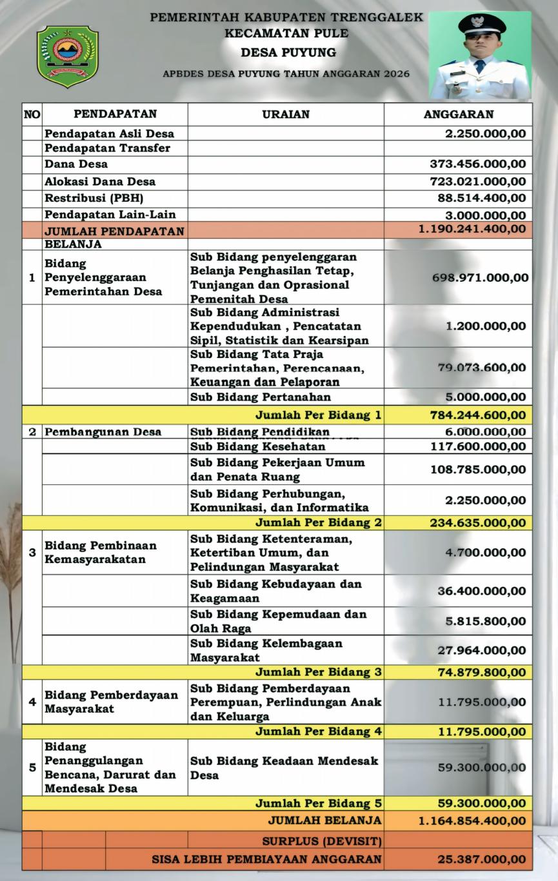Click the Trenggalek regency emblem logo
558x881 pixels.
point(68,57)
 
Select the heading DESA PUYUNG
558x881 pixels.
point(288,52)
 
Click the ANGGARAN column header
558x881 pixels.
point(458,114)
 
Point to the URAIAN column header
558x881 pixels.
point(286,114)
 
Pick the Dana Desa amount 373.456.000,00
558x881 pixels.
point(477,164)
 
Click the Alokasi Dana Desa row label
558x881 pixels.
point(100,181)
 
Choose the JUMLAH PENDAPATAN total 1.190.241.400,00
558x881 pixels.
point(472,228)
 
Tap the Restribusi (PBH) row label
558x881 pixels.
point(94,198)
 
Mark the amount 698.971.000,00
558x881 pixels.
point(480,278)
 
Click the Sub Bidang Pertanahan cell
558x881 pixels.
point(261,397)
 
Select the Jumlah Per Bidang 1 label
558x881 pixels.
point(319,415)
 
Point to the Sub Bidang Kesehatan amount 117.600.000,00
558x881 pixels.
point(478,446)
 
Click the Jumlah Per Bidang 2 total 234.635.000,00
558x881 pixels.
point(478,523)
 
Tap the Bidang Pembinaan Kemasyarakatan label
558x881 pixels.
point(101,552)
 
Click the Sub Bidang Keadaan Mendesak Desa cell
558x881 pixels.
point(284,767)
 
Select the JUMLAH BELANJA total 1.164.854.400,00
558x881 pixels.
point(472,821)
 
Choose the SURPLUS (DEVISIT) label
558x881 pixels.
point(322,841)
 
